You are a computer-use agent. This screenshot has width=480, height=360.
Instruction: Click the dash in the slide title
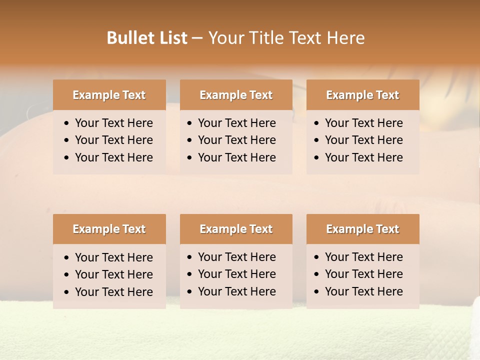click(197, 38)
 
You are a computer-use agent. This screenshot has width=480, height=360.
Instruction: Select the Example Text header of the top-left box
click(109, 95)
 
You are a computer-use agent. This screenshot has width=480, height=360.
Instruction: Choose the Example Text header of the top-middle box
click(236, 95)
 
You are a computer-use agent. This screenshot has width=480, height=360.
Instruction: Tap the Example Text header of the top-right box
click(362, 95)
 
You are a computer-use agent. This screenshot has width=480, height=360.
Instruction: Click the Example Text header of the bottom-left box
click(109, 229)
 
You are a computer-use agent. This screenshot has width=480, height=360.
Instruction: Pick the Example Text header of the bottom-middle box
click(236, 229)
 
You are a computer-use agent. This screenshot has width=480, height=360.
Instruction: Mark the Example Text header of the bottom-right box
click(362, 229)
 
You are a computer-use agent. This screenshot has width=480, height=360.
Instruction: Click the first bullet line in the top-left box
click(113, 123)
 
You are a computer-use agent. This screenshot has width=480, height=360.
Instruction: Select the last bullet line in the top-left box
click(113, 157)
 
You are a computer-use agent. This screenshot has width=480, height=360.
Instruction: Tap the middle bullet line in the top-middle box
click(236, 140)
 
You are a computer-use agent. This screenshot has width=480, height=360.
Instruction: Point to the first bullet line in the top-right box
click(363, 123)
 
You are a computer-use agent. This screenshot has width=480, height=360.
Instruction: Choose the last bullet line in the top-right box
click(363, 157)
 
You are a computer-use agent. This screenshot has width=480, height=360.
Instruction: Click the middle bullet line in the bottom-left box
click(113, 274)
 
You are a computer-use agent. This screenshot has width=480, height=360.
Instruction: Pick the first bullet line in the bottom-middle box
click(236, 257)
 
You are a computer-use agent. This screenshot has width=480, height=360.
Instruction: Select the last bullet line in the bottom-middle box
click(236, 291)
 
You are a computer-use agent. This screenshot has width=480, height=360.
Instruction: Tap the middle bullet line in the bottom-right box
click(363, 274)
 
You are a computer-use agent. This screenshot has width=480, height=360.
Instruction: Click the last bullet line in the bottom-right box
click(363, 291)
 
